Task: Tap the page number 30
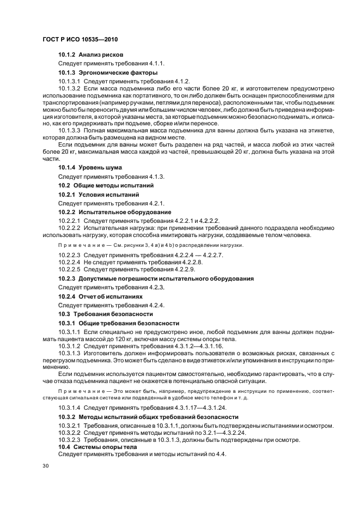point(45,466)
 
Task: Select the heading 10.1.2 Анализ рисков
point(90,55)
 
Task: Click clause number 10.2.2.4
point(69,262)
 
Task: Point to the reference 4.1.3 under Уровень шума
point(155,177)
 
